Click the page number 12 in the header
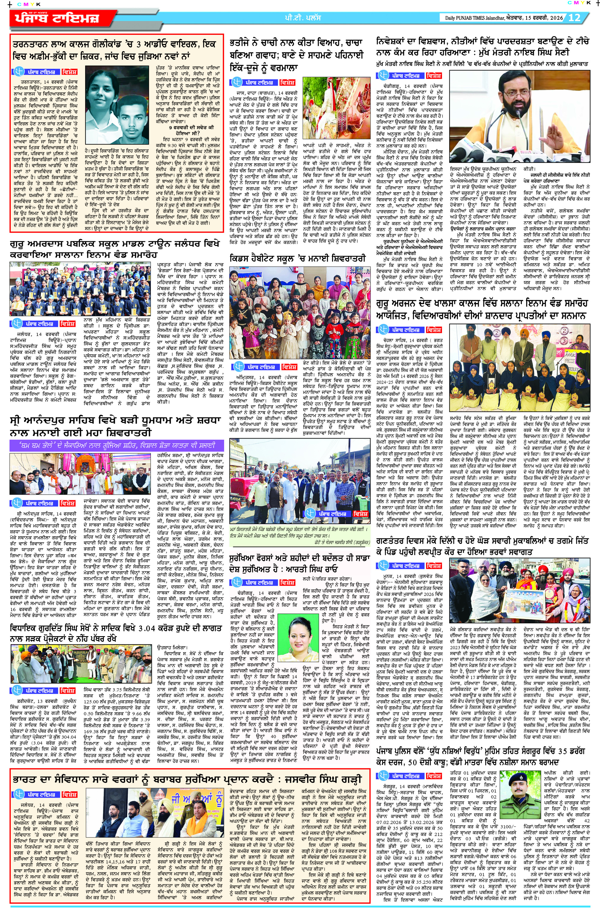574,18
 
